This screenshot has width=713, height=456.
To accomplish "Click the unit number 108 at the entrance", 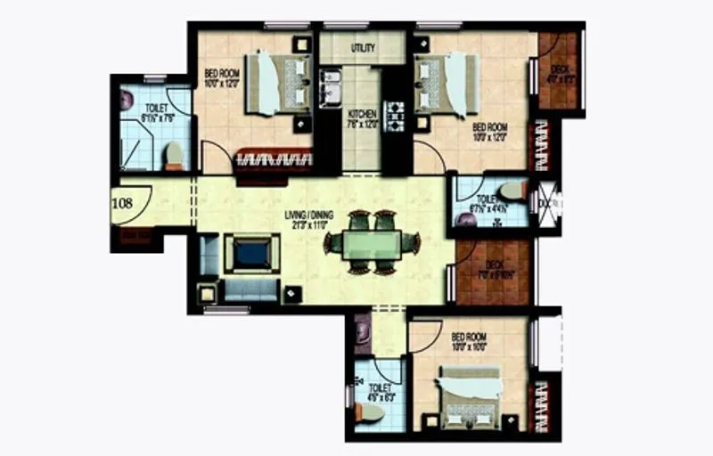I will point(123,203).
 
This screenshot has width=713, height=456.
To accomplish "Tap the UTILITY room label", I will point(362,48).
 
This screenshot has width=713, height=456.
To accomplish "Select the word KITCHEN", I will point(363,114).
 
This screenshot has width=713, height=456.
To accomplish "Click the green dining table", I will point(372,242).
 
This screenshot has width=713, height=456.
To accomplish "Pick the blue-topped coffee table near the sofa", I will point(252,254).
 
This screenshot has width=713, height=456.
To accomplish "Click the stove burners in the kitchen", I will point(393,115).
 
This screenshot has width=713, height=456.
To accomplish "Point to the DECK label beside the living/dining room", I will point(496,266).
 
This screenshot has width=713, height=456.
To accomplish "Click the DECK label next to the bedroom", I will point(560,69).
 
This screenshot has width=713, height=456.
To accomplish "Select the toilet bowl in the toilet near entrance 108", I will point(174,157).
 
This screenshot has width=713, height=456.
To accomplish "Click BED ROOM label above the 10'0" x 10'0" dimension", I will point(468,338).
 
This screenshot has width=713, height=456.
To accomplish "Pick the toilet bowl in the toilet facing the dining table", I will point(512,191).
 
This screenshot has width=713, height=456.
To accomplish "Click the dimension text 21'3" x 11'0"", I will point(307,224).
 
